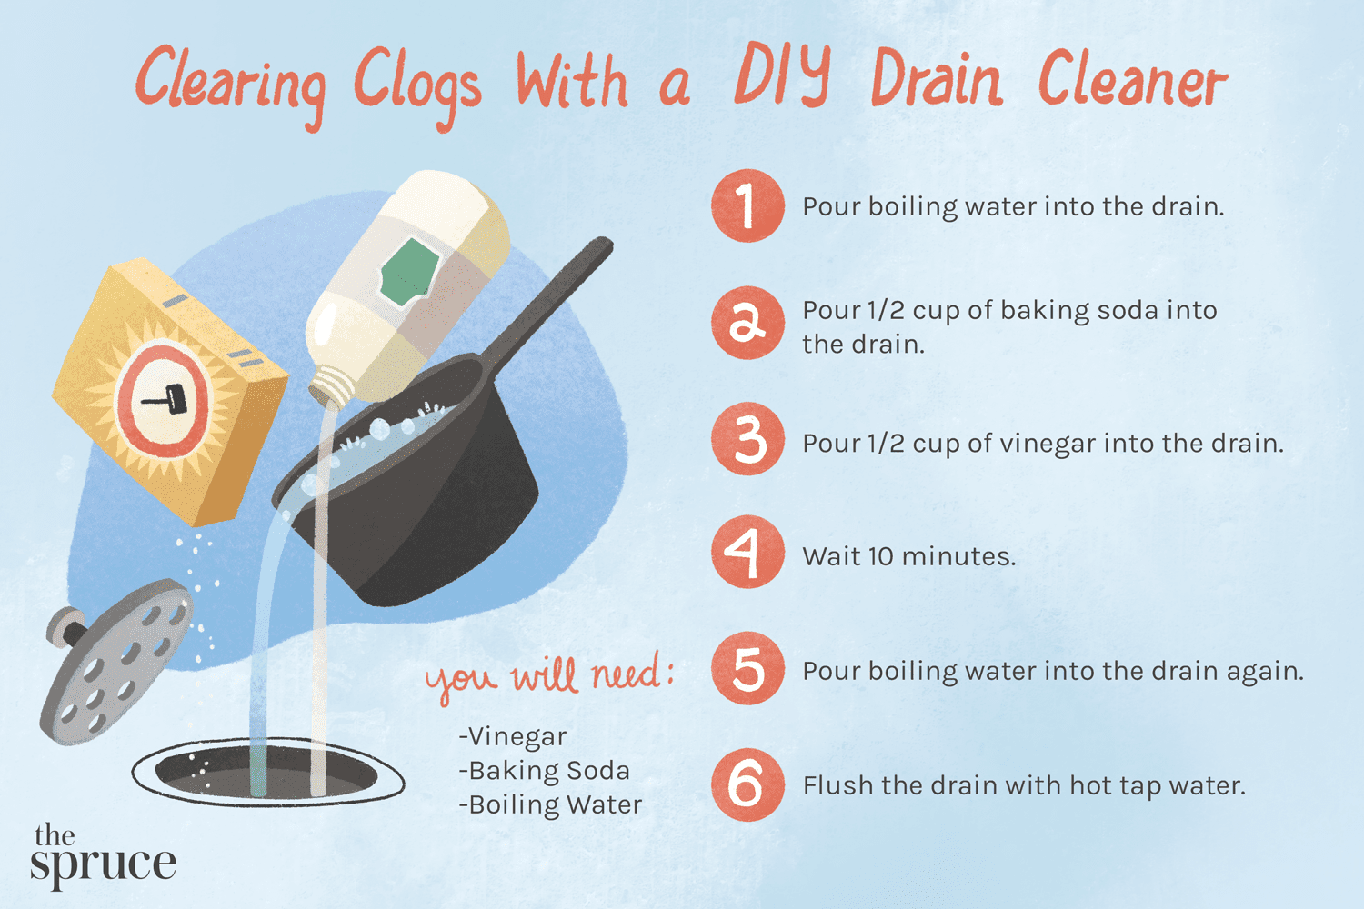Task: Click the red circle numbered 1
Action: (x=747, y=205)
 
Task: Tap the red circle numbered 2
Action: (x=747, y=323)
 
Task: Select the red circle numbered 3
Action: (x=747, y=440)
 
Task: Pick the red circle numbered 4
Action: (x=747, y=553)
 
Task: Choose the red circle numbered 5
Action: (x=747, y=669)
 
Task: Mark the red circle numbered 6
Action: (x=747, y=784)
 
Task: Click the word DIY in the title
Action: (x=782, y=76)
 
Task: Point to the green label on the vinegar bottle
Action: (x=409, y=272)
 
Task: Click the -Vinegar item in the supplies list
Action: (x=514, y=736)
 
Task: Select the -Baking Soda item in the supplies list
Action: (x=545, y=771)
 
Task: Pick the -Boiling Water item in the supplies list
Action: (x=551, y=805)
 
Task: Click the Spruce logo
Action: (x=102, y=854)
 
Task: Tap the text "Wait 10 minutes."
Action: (x=908, y=556)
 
